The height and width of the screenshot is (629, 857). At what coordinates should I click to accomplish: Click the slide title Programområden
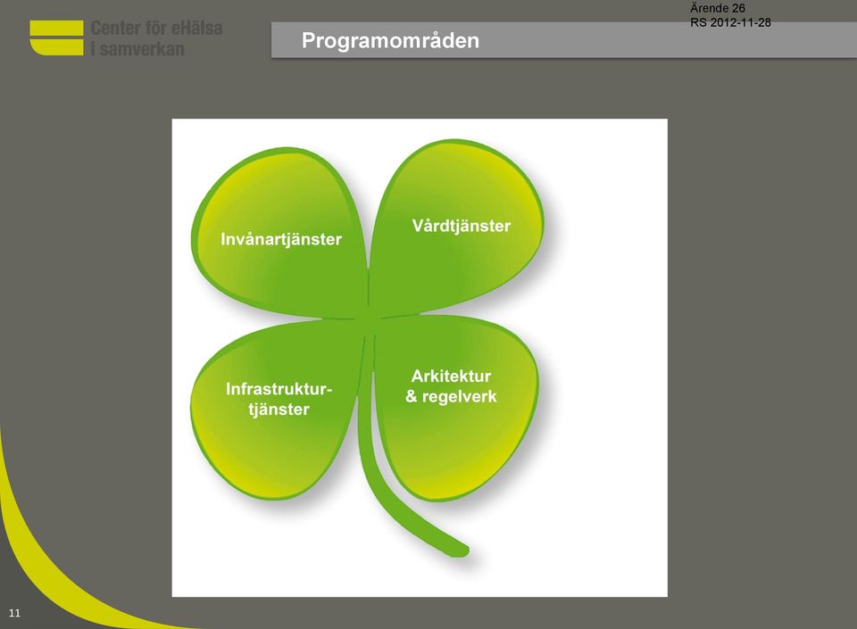point(390,41)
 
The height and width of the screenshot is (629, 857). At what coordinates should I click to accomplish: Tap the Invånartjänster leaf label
point(281,240)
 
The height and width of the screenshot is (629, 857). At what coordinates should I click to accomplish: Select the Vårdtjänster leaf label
point(462,226)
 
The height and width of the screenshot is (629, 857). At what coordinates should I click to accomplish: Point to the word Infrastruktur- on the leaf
point(279,389)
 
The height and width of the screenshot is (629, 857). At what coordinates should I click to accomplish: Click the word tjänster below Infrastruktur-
point(279,410)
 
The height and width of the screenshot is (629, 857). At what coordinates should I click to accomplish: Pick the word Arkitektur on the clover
point(451,377)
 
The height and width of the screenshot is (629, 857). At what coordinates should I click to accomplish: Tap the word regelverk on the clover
point(459,397)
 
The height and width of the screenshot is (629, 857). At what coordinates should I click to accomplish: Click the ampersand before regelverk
point(412,396)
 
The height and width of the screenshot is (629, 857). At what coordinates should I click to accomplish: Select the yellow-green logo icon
point(57,37)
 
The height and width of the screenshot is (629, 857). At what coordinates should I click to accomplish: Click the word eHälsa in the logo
point(196,28)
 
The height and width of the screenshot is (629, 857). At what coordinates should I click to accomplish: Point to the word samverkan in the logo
point(142,49)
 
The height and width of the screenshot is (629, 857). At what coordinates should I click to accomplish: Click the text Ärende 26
point(717,8)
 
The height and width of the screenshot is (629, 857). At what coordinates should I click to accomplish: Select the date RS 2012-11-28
point(730,22)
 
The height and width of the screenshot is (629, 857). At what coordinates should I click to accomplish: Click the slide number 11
point(15,613)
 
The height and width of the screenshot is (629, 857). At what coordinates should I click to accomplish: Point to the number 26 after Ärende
point(738,8)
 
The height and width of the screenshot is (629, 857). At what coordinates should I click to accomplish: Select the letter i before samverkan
point(94,49)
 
